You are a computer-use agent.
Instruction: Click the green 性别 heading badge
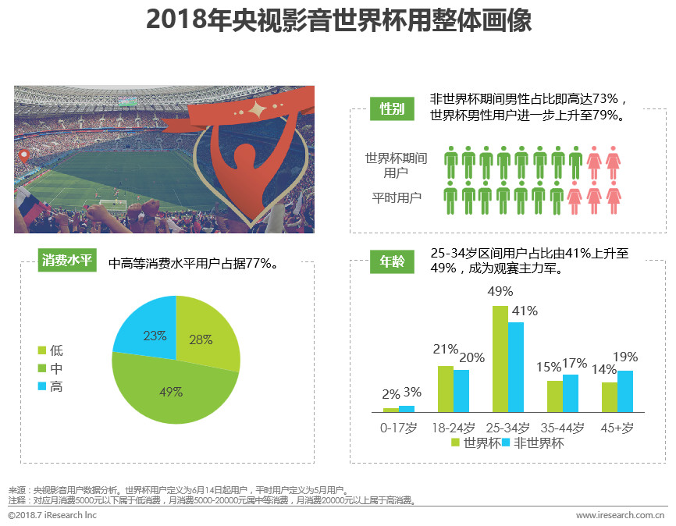coord(391,108)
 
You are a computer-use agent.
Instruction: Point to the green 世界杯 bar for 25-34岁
coord(500,359)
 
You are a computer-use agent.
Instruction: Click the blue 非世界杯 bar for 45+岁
coord(625,391)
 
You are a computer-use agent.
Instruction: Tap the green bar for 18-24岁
coord(445,389)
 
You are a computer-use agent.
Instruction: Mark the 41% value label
coord(525,311)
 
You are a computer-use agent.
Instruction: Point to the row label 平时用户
coord(397,197)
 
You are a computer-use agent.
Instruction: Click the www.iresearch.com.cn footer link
coord(620,515)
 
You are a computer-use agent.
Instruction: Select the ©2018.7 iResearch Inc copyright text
coord(52,515)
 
